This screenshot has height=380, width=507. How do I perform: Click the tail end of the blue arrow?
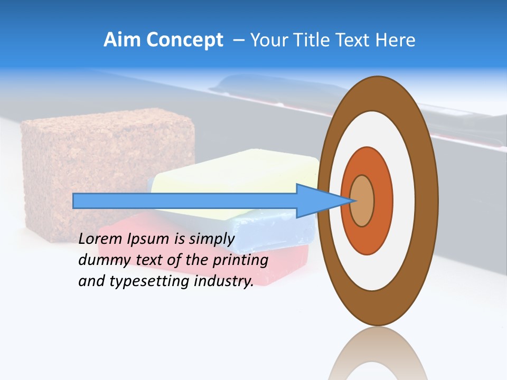(x=74, y=201)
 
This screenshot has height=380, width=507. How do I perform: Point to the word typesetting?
(x=150, y=282)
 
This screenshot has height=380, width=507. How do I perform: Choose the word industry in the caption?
(x=224, y=281)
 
